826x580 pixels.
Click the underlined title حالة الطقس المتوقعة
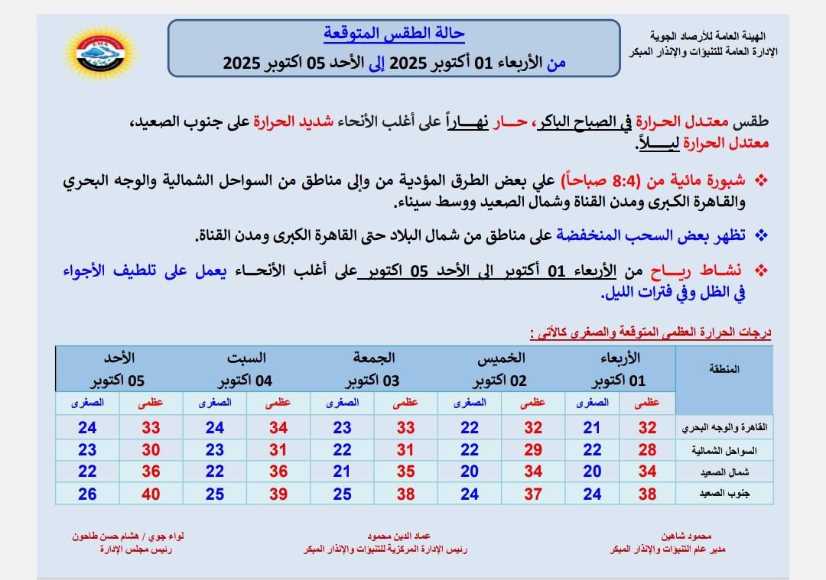point(394,34)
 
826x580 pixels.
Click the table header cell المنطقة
point(725,369)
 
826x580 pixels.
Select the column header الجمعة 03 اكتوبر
point(374,369)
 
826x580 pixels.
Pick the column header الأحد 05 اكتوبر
point(119,369)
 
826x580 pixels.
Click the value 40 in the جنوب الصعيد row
point(151,494)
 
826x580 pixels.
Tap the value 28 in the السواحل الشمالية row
point(647,451)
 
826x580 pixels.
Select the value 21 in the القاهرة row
point(592,428)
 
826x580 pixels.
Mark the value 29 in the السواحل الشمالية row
point(532,451)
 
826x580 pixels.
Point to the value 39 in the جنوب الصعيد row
point(278,494)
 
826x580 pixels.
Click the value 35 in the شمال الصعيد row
point(405,472)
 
